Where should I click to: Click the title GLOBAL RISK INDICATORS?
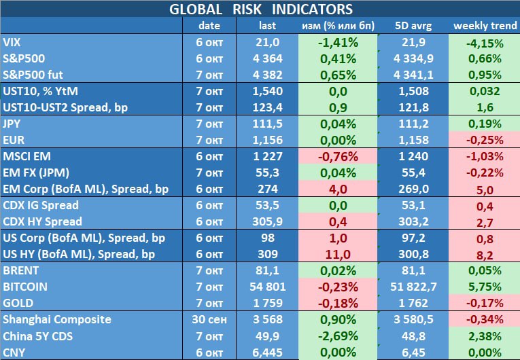(260, 9)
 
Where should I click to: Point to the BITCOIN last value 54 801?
(267, 287)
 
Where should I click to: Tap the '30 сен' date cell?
(209, 319)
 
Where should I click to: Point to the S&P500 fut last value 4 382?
(267, 75)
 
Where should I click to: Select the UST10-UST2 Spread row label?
(65, 107)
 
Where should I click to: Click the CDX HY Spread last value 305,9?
(267, 221)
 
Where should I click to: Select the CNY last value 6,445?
(267, 352)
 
